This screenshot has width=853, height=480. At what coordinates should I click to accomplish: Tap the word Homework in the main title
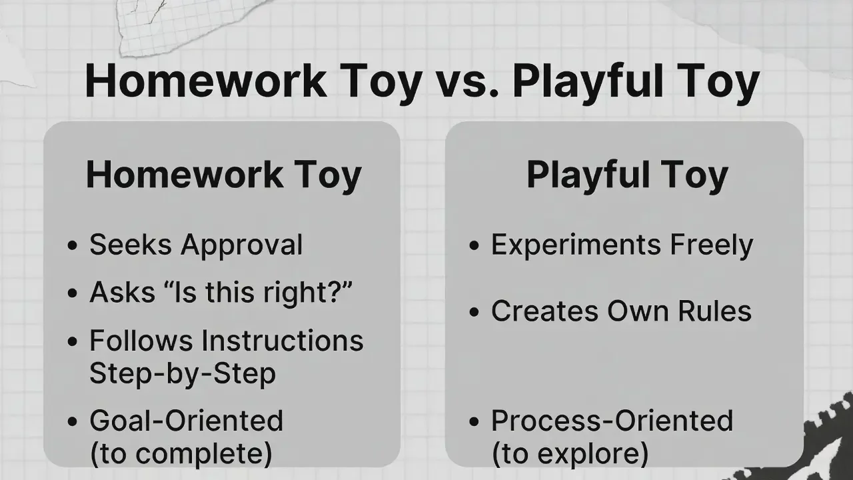click(205, 82)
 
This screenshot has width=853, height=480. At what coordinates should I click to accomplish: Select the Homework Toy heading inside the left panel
click(223, 175)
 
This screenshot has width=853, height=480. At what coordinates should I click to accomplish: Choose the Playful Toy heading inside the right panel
click(626, 175)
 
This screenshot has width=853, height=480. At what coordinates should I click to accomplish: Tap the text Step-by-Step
click(182, 374)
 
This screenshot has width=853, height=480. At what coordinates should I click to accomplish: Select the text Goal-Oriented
click(186, 421)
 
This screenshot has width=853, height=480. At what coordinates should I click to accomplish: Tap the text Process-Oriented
click(612, 421)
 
